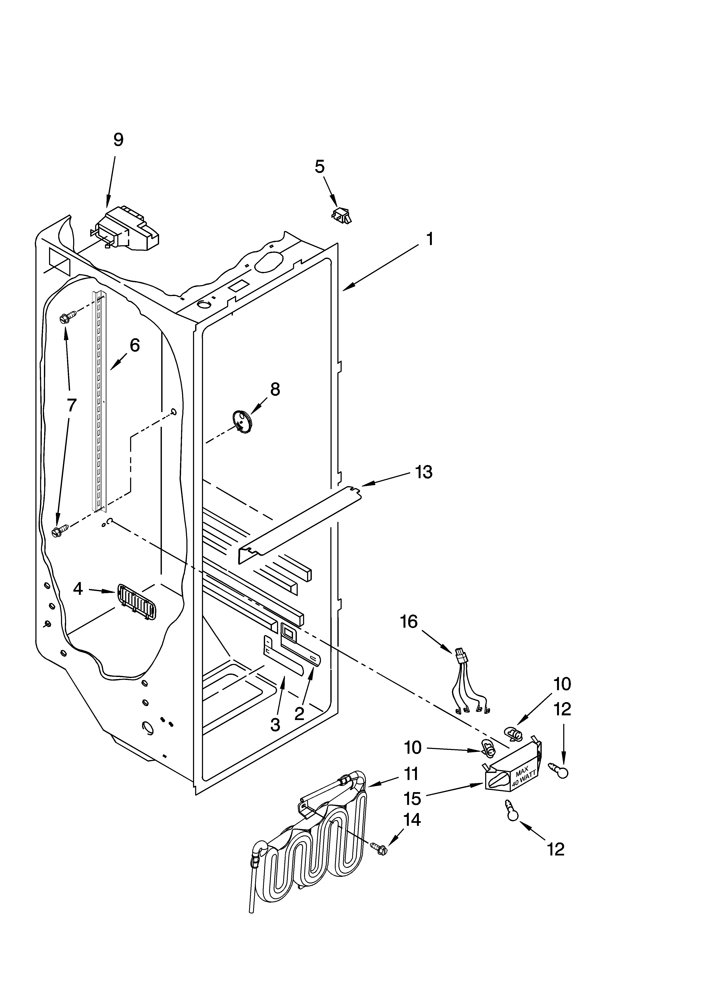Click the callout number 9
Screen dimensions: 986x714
[x=118, y=140]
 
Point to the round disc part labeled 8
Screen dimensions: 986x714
[x=242, y=421]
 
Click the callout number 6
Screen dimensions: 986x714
[x=135, y=345]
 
